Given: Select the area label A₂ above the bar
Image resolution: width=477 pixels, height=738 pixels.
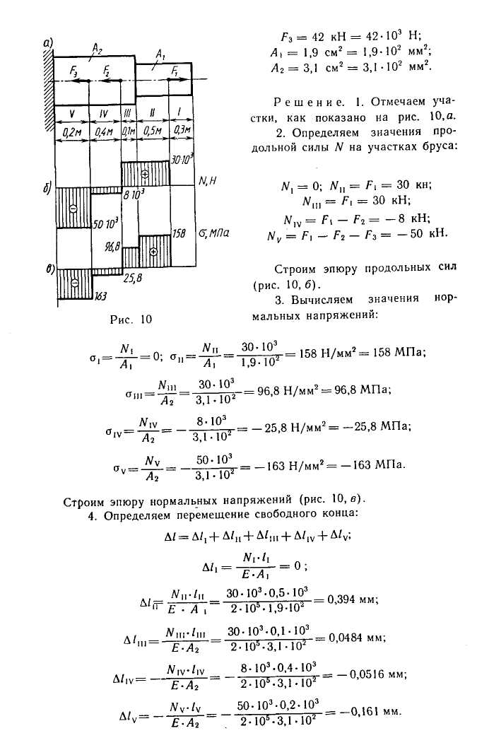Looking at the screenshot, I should click(x=98, y=47).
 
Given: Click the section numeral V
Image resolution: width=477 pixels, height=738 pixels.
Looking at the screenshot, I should click(x=71, y=114).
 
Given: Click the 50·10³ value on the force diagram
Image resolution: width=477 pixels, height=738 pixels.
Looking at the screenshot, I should click(x=105, y=223).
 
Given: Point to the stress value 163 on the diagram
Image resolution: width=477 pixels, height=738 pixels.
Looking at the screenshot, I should click(x=100, y=298).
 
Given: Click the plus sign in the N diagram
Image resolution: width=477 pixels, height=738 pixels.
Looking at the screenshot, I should click(x=145, y=173).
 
